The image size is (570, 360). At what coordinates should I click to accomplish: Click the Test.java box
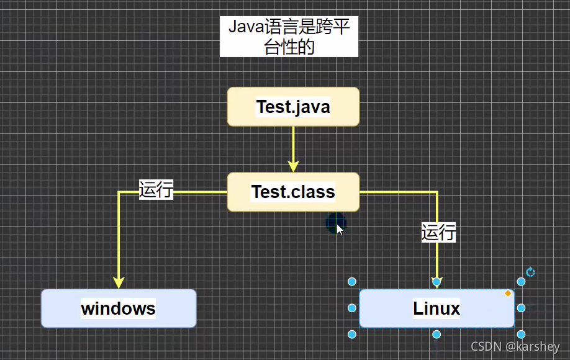[x=293, y=107]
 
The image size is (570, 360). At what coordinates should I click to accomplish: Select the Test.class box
[x=293, y=192]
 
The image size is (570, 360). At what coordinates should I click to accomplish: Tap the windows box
[x=119, y=308]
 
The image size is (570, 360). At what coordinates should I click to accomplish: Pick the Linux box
[x=437, y=308]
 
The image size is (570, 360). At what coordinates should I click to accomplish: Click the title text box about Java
[x=289, y=37]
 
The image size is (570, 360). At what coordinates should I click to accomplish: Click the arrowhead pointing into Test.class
[x=293, y=166]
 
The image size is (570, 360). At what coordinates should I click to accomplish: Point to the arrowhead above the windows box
[x=119, y=282]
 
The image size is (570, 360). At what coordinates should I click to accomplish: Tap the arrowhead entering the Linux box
[x=437, y=282]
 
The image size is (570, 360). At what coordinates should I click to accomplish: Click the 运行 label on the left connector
[x=156, y=189]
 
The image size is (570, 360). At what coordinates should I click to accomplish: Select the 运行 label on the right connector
[x=438, y=232]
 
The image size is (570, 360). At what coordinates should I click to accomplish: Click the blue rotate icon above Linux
[x=530, y=272]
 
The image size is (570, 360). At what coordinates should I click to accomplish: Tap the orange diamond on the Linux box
[x=508, y=294]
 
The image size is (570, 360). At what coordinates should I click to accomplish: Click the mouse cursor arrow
[x=339, y=229]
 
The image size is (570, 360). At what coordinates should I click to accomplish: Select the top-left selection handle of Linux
[x=352, y=282]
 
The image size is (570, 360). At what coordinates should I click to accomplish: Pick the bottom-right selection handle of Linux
[x=522, y=335]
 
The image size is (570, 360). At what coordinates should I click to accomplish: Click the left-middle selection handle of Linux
[x=352, y=308]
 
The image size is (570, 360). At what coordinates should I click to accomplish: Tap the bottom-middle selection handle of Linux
[x=437, y=335]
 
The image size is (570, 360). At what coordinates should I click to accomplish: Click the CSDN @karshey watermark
[x=515, y=347]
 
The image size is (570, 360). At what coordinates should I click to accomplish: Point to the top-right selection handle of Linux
[x=522, y=282]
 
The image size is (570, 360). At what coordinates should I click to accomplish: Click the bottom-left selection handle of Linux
[x=352, y=335]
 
